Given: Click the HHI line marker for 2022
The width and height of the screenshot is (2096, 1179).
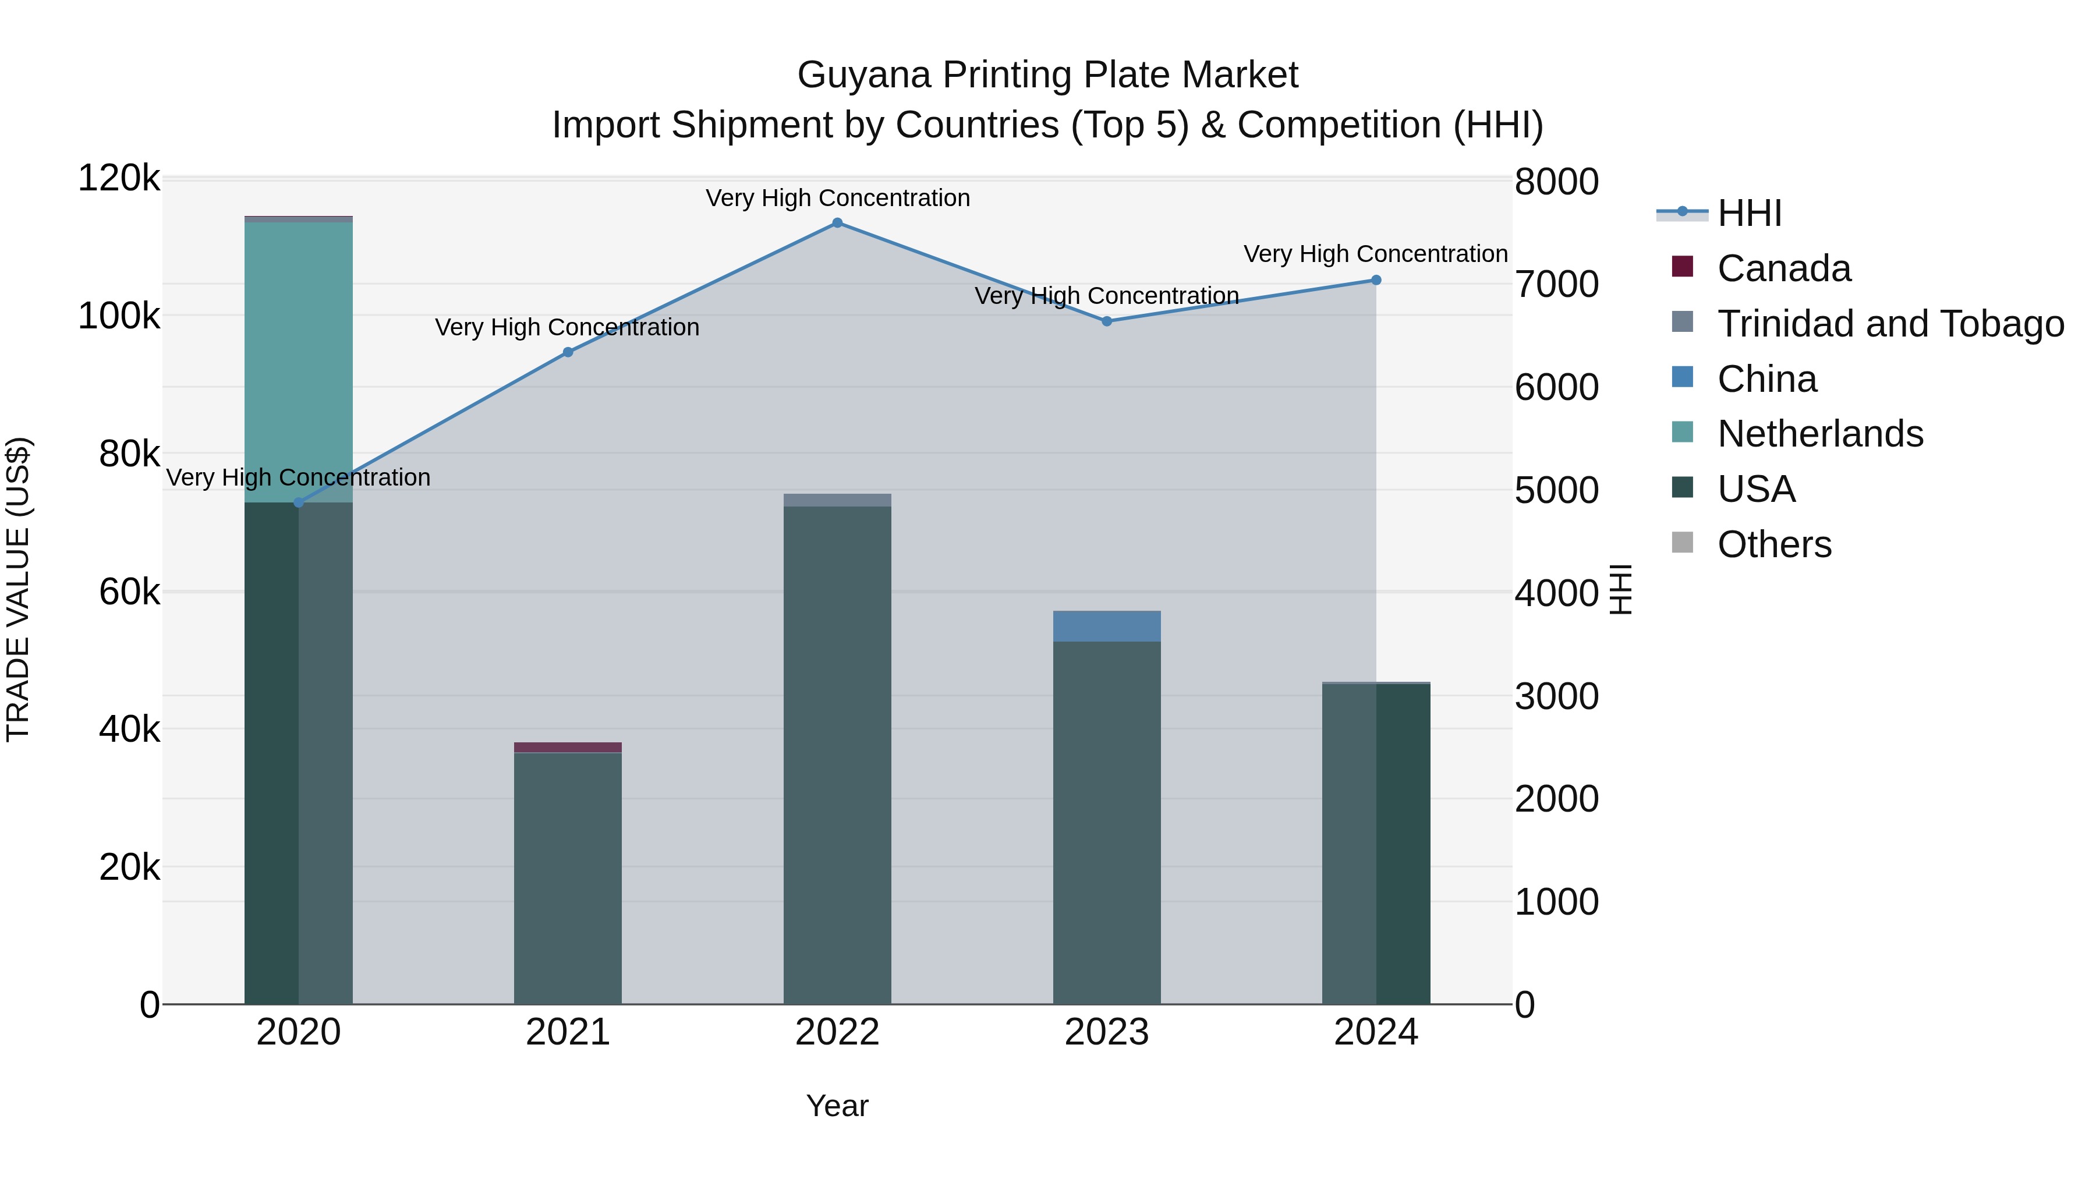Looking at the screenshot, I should coord(837,223).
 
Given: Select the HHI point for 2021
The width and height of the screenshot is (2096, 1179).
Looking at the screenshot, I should coord(568,352).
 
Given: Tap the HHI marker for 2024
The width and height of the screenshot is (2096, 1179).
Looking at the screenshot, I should coord(1376,280).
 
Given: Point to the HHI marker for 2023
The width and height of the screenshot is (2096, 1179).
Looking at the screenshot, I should coord(1107,321).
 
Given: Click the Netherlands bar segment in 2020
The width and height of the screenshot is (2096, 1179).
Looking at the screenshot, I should coord(299,358).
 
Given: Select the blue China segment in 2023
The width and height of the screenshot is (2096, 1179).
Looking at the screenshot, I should coord(1107,626).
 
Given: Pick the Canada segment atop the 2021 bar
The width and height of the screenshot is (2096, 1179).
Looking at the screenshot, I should coord(568,747).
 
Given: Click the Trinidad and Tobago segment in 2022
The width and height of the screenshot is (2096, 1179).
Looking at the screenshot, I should coord(837,500).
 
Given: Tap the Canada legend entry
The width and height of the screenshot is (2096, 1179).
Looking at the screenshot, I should coord(1783,268).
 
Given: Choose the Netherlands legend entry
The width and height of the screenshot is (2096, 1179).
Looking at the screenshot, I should coord(1819,434).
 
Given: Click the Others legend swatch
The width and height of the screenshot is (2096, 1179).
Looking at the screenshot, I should coord(1682,543).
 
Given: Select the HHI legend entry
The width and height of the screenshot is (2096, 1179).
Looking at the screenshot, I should coord(1750,213).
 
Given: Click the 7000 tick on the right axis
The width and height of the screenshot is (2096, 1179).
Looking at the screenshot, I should coord(1556,285).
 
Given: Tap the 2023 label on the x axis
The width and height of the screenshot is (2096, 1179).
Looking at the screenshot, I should coord(1107,1032).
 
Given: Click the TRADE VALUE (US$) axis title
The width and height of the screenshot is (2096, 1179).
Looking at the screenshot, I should coord(18,589).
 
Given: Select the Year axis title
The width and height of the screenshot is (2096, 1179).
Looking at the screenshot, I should coord(837,1106).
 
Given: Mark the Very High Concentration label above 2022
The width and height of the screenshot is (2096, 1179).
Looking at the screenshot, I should coord(837,198).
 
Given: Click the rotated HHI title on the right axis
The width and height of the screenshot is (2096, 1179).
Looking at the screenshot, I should coord(1621,589).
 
